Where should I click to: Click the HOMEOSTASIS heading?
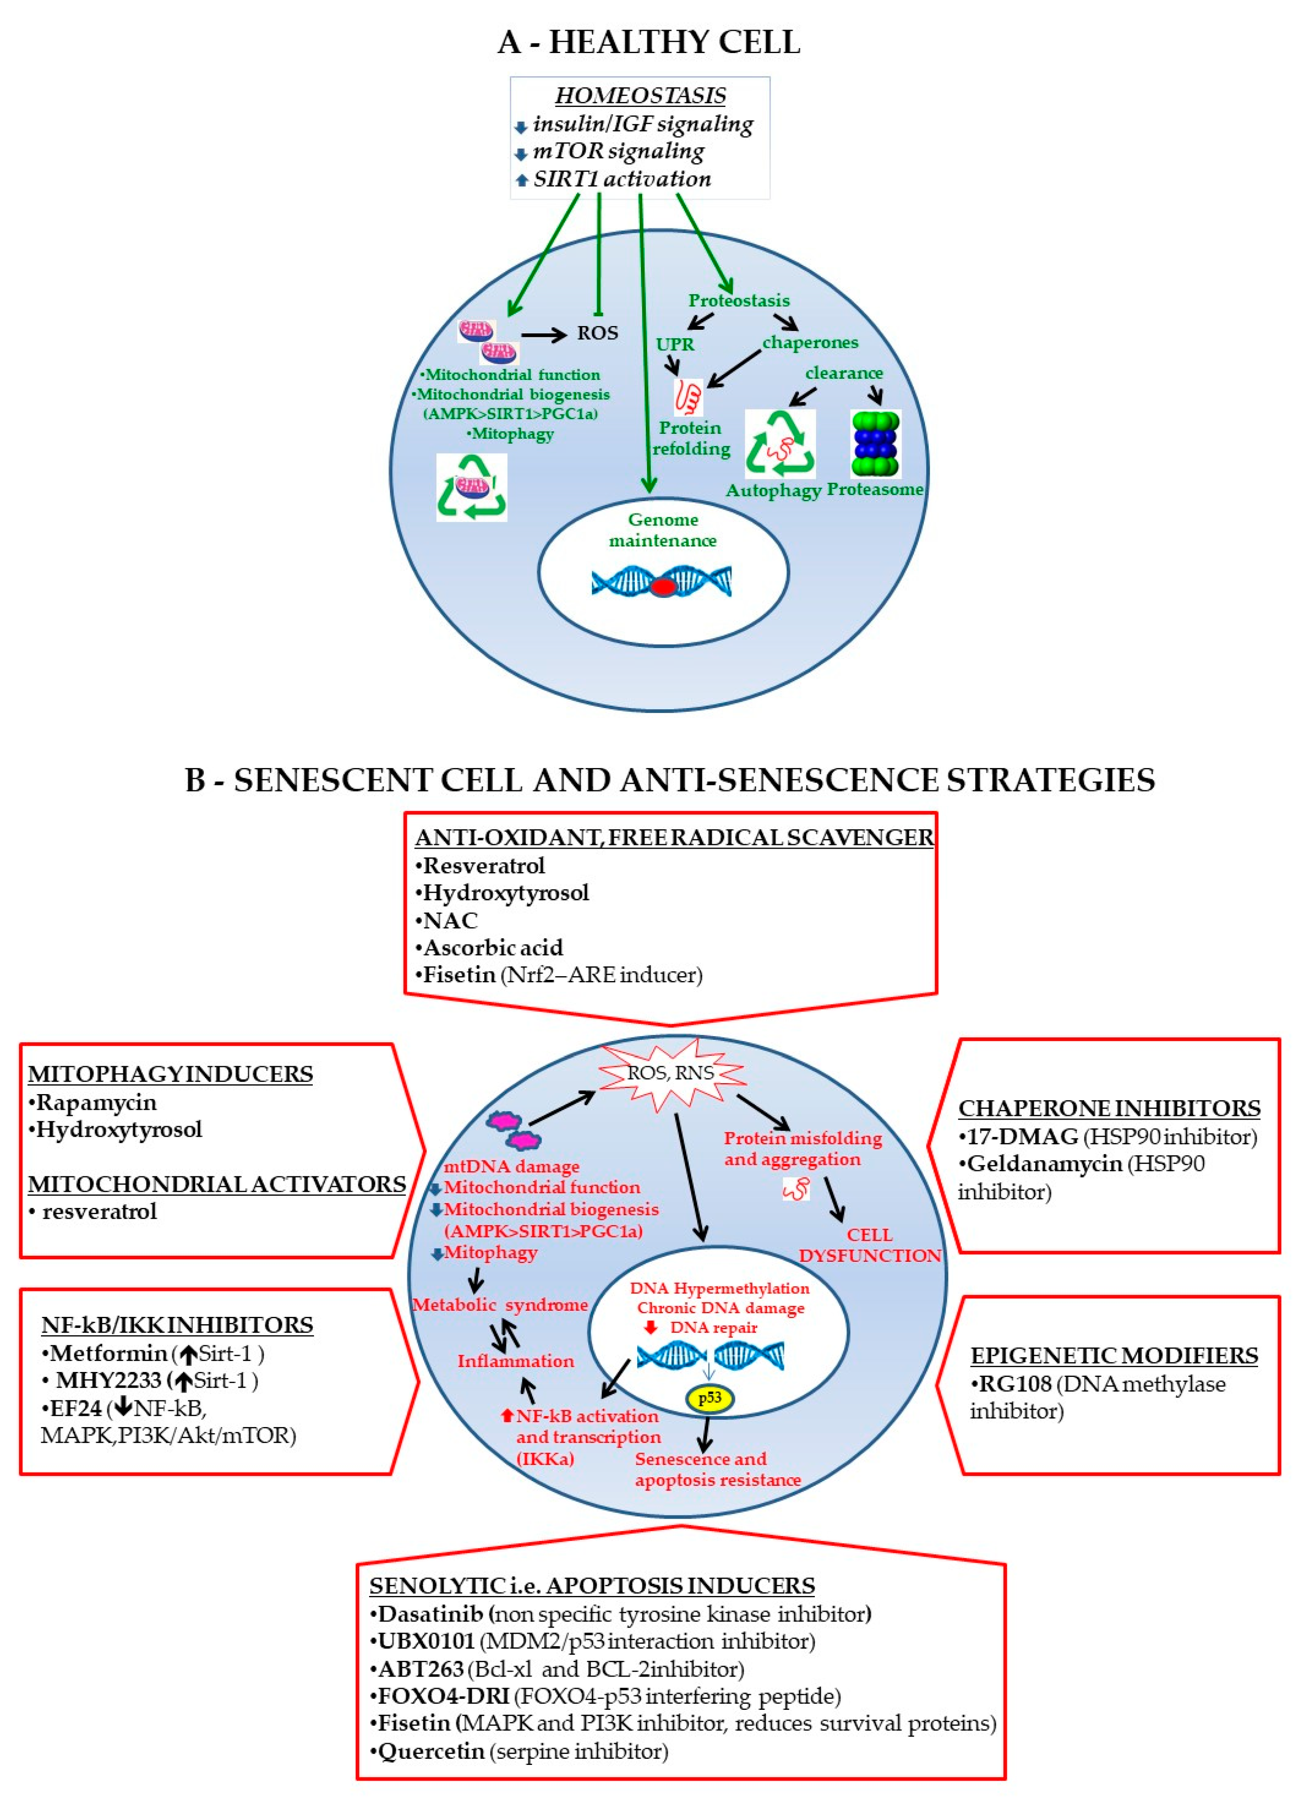tap(640, 96)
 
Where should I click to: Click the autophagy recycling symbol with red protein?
tap(780, 444)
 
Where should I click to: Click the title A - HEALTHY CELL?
tap(649, 42)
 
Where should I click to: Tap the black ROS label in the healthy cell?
tap(597, 333)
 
